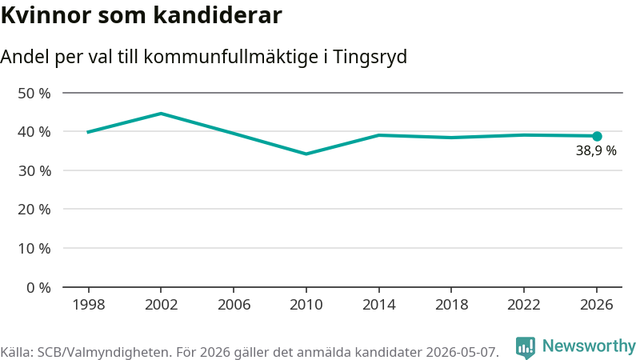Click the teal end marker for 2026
(x=597, y=136)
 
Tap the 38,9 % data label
(x=596, y=150)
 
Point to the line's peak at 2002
(x=162, y=114)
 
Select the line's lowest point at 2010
(x=306, y=154)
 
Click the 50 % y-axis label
(x=34, y=94)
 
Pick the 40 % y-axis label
(x=34, y=132)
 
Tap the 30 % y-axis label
(x=34, y=170)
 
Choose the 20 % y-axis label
(x=34, y=210)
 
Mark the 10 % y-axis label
(x=34, y=248)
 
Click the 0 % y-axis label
(x=38, y=288)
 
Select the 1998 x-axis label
(x=89, y=305)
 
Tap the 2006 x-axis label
(x=234, y=305)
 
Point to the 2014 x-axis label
(x=378, y=305)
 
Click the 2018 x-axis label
(x=451, y=305)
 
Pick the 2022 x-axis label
(x=524, y=305)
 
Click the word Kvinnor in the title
(x=46, y=15)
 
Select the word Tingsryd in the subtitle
(x=370, y=57)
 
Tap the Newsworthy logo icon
(x=526, y=348)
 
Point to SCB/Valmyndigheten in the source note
(x=104, y=352)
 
